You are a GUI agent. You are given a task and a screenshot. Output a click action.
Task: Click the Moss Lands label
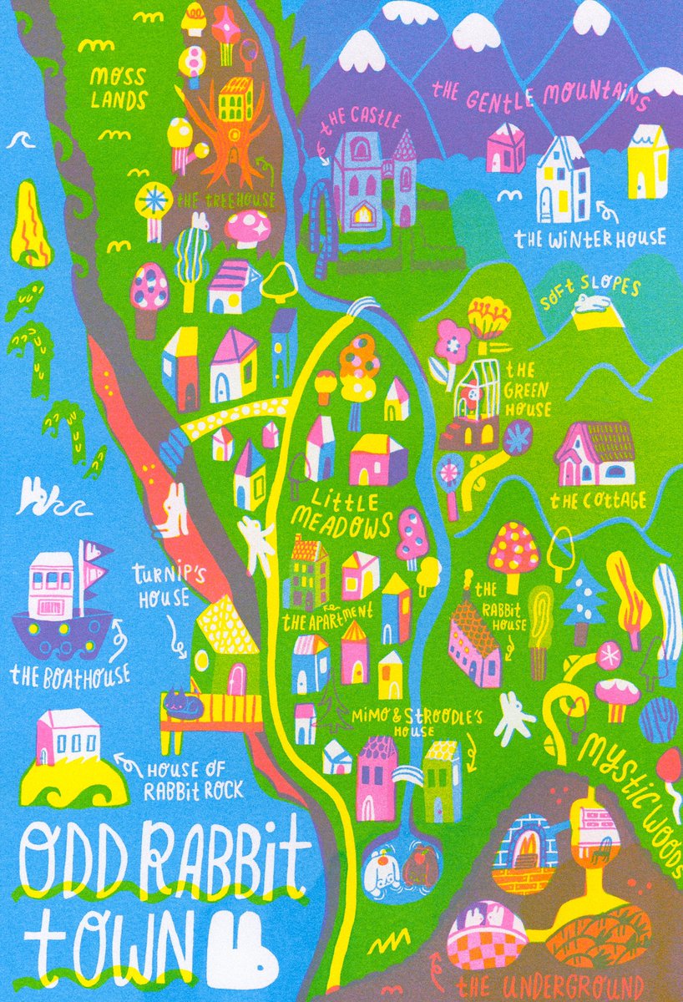[119, 88]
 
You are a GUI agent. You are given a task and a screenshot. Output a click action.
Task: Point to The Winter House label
[590, 239]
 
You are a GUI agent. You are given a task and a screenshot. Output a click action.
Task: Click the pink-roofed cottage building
[595, 454]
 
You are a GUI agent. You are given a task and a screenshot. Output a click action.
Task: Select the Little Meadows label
[342, 513]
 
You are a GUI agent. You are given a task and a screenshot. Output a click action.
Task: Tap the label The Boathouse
[71, 674]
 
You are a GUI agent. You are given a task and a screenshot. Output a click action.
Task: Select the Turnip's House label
[164, 585]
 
